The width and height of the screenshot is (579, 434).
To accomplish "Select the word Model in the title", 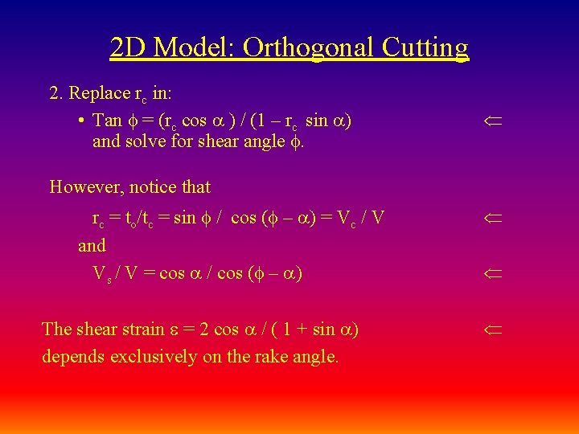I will (194, 47).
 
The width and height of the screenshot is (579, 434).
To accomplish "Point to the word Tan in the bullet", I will (107, 121).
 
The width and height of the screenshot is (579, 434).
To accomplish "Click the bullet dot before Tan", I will (83, 121).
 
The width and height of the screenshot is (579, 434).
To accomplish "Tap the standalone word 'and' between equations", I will (92, 245).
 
